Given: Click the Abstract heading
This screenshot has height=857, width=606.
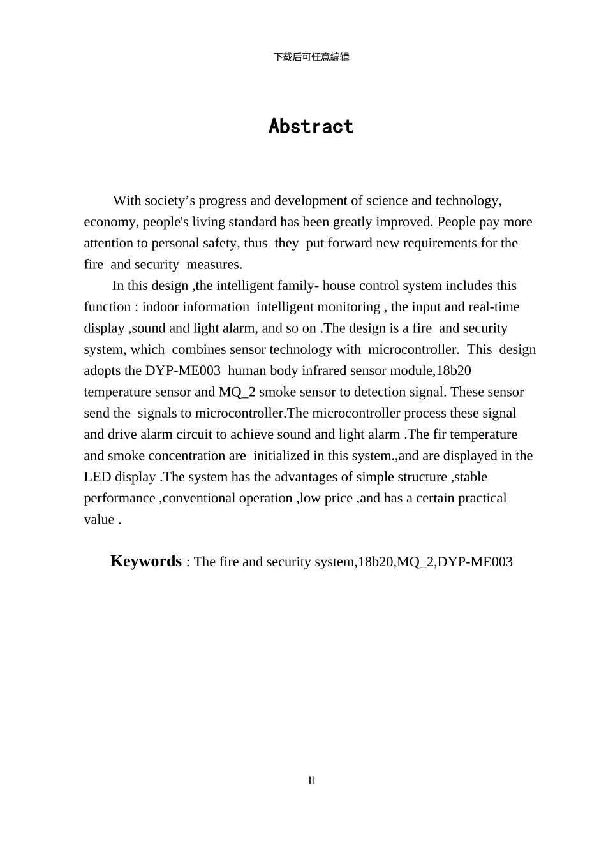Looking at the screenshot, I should click(311, 126).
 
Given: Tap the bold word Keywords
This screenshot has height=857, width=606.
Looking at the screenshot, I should click(146, 561).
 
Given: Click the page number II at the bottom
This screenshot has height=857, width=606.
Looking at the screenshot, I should click(311, 780).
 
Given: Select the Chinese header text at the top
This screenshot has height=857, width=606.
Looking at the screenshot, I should click(311, 57).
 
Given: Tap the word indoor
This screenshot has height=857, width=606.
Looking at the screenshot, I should click(160, 307).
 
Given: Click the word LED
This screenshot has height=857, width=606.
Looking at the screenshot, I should click(98, 477).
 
